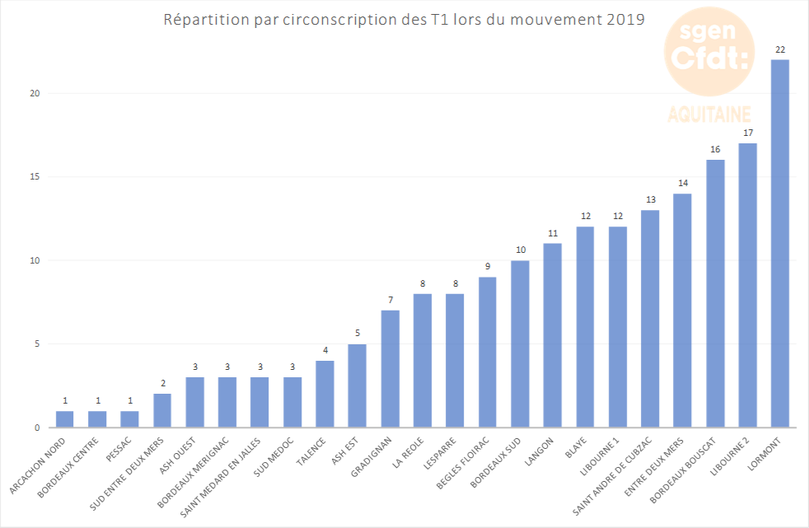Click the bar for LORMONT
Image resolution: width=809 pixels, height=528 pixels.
pyautogui.click(x=779, y=244)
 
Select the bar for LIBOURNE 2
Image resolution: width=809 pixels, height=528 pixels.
pyautogui.click(x=747, y=286)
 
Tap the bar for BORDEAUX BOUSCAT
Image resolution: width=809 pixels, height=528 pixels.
pyautogui.click(x=715, y=294)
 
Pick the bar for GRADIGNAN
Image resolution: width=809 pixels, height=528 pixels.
pyautogui.click(x=390, y=369)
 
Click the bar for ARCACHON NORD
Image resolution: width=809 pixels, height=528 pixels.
pyautogui.click(x=64, y=419)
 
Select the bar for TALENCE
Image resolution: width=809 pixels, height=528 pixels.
pyautogui.click(x=325, y=395)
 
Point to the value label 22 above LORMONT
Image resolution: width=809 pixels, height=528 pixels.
pyautogui.click(x=779, y=50)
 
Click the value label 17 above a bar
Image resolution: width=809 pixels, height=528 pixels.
pyautogui.click(x=747, y=133)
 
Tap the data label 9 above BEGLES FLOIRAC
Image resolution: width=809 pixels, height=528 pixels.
pyautogui.click(x=487, y=267)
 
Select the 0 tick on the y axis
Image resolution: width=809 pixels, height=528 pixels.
pyautogui.click(x=36, y=428)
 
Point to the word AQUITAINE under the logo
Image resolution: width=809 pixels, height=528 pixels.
pyautogui.click(x=709, y=113)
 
